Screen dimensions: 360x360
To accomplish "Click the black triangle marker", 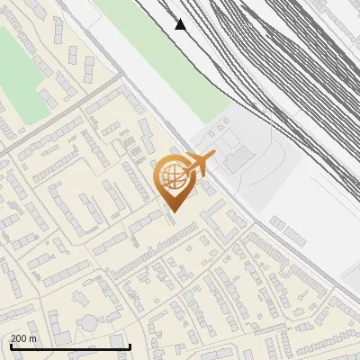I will tap(181, 24).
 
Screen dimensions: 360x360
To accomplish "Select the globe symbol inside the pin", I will tap(175, 175).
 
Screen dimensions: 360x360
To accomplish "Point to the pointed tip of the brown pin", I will tap(175, 212).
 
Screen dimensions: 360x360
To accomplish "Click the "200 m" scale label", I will tap(24, 338).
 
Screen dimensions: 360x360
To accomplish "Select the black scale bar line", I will tap(70, 346).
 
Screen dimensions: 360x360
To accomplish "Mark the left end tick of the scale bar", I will tap(10, 345).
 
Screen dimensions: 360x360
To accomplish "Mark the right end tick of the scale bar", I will tap(130, 345).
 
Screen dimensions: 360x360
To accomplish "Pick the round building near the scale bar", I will tap(89, 322).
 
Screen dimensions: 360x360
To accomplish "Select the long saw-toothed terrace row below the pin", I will tap(153, 253).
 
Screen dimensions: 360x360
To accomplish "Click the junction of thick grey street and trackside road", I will tap(122, 76).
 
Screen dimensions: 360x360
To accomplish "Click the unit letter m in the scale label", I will tap(34, 338).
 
